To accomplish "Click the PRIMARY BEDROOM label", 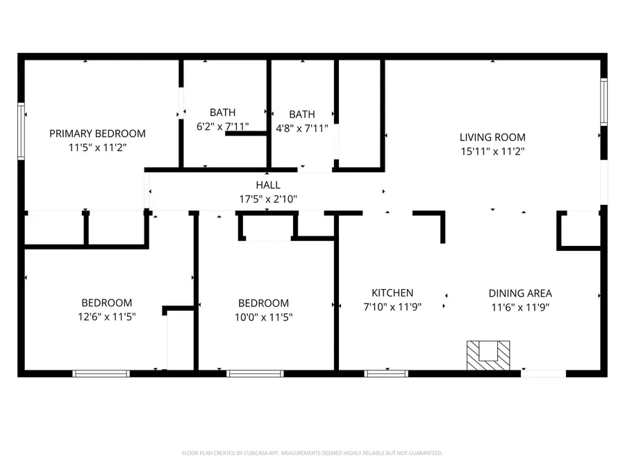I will tap(97, 133).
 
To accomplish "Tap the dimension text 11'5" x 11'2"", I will tap(97, 147).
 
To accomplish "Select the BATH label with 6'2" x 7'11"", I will tap(222, 113).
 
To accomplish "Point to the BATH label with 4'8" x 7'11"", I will tap(302, 115).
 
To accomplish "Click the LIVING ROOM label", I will tap(492, 138).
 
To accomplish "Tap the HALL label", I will tap(268, 185).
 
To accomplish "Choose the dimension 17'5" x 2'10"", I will tap(268, 199).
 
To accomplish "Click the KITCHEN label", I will tap(392, 293).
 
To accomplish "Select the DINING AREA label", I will tap(520, 293).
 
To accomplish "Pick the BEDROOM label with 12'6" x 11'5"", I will tap(106, 303).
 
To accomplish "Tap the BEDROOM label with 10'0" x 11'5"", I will tap(263, 303).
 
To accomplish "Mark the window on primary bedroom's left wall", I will tap(22, 131).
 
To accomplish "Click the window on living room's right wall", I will tap(603, 102).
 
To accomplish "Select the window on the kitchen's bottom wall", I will tap(386, 374).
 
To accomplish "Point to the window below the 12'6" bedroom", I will tap(101, 374).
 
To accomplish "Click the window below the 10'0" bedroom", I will tap(255, 374).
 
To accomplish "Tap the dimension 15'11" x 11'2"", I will tap(492, 151).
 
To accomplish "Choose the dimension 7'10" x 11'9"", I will tap(392, 306).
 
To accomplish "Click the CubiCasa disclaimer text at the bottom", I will tap(312, 453).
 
